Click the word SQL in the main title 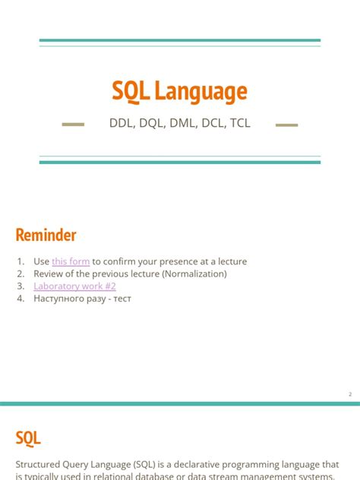pyautogui.click(x=131, y=92)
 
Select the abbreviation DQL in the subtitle pyautogui.click(x=152, y=124)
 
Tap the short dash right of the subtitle pyautogui.click(x=286, y=124)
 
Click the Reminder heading pyautogui.click(x=46, y=235)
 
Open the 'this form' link pyautogui.click(x=71, y=261)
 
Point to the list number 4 pyautogui.click(x=21, y=298)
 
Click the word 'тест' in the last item pyautogui.click(x=122, y=298)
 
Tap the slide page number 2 pyautogui.click(x=350, y=394)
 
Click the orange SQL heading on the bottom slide pyautogui.click(x=28, y=437)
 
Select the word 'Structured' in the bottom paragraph pyautogui.click(x=39, y=464)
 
